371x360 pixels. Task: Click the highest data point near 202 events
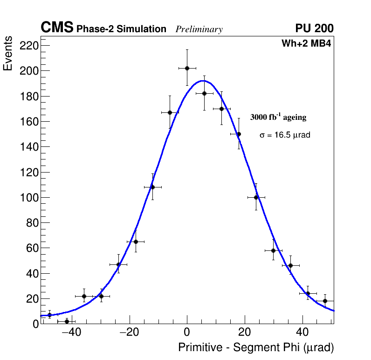[x=187, y=68]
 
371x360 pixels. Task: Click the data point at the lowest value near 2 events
[x=67, y=321]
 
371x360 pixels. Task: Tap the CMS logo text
[x=57, y=28]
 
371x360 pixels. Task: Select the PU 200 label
[x=314, y=28]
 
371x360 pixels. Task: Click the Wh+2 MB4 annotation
[x=306, y=44]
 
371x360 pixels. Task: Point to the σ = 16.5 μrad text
[x=285, y=135]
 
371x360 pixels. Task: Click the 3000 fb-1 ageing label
[x=278, y=117]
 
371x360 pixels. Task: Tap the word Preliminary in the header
[x=199, y=29]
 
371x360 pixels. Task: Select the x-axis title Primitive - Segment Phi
[x=256, y=347]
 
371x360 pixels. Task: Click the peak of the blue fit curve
[x=203, y=81]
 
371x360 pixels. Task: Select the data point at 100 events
[x=256, y=197]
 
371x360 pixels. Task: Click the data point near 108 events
[x=152, y=187]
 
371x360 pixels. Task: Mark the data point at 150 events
[x=239, y=134]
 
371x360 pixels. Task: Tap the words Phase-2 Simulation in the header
[x=121, y=29]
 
